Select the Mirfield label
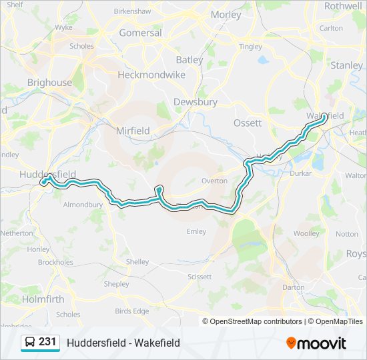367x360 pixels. pos(133,131)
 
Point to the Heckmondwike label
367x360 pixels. pos(151,75)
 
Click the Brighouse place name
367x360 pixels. pos(49,83)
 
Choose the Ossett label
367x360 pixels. pos(248,123)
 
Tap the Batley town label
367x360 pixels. pos(190,60)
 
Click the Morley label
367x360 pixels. pos(226,15)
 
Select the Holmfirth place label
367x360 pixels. pos(43,299)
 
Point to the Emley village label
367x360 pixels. pos(196,232)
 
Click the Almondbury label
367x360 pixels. pos(82,205)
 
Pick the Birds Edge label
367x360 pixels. pos(132,311)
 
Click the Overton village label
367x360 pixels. pos(214,181)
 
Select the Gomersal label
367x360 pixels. pos(140,33)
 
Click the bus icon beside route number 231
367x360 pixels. pos(30,343)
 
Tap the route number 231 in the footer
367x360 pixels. pos(47,342)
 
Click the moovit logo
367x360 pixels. pos(316,343)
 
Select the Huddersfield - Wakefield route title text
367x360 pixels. pos(123,343)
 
